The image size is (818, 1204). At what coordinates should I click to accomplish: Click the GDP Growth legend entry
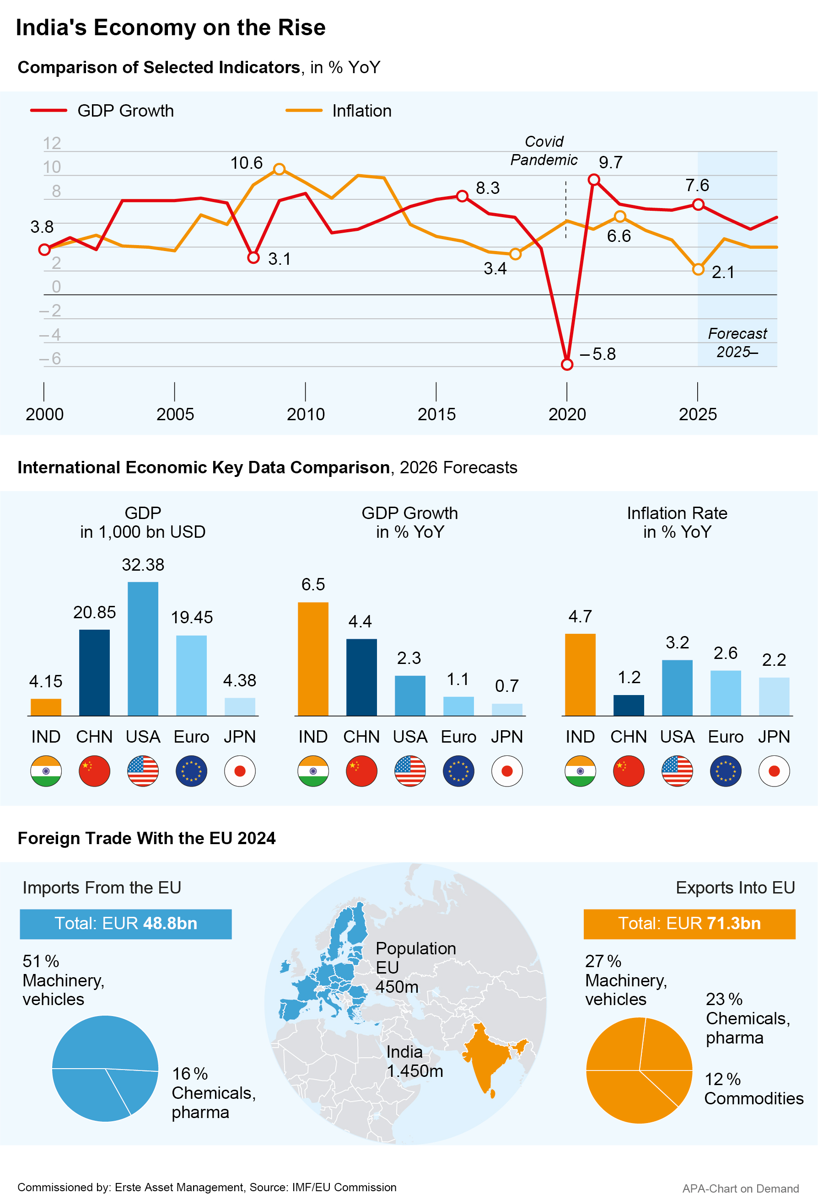102,111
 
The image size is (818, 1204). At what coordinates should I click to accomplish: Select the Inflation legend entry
339,111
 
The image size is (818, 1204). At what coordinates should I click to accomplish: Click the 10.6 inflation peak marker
280,169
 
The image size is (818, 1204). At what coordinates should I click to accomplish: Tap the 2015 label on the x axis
436,414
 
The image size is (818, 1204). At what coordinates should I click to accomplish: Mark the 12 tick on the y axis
52,143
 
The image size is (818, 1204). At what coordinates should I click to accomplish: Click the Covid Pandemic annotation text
544,151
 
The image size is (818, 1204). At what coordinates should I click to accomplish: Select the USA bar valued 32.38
143,648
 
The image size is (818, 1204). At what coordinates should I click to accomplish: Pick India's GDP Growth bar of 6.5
313,659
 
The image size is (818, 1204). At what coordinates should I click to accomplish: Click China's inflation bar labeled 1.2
629,705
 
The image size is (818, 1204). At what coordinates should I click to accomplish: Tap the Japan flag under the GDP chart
240,771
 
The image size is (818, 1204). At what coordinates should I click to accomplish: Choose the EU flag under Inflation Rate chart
726,771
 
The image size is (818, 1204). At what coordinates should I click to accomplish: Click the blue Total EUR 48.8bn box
125,924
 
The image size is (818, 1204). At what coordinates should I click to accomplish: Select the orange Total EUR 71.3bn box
689,924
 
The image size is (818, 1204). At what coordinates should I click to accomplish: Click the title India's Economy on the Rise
171,27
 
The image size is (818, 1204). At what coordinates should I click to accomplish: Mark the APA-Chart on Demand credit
740,1188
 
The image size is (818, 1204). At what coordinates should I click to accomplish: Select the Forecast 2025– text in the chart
737,343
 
